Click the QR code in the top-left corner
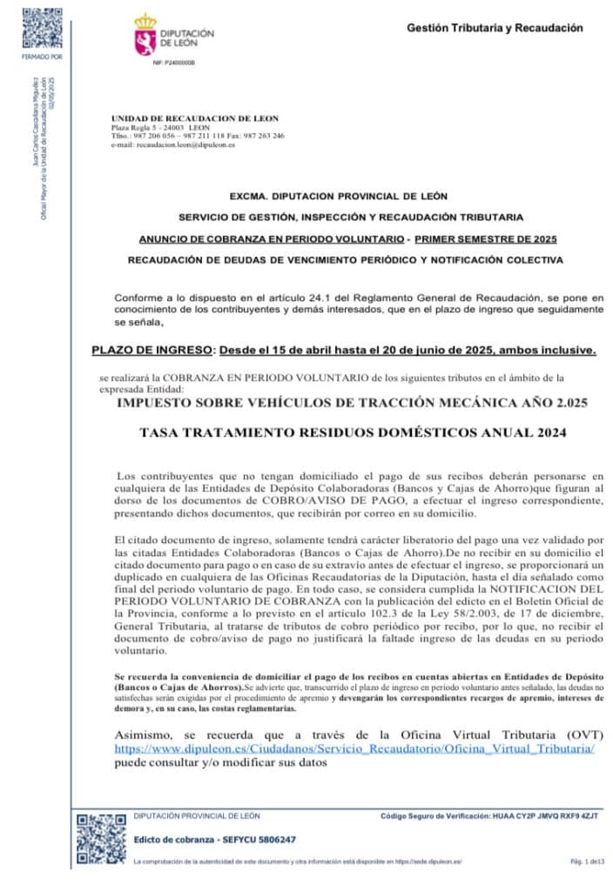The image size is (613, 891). click(41, 28)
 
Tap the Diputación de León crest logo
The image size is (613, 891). click(145, 35)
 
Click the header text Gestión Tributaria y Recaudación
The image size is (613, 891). click(495, 29)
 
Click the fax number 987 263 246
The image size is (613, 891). click(264, 136)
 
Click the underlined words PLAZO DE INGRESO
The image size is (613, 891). click(152, 352)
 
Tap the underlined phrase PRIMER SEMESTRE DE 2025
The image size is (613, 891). click(486, 238)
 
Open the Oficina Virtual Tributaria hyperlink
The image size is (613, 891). click(355, 749)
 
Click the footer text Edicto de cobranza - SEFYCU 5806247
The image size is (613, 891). click(215, 840)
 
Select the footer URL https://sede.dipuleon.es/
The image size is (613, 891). click(427, 861)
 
